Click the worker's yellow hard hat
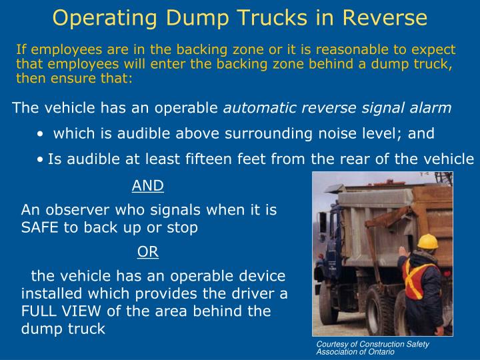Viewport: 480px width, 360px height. [x=426, y=242]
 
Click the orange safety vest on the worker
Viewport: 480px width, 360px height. [x=425, y=277]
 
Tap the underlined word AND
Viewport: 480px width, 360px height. [x=148, y=185]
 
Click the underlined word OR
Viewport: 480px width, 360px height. [x=148, y=251]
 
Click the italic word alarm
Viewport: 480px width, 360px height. [x=431, y=107]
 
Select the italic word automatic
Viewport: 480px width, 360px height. [x=257, y=107]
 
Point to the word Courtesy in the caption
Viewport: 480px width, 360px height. [x=332, y=344]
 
